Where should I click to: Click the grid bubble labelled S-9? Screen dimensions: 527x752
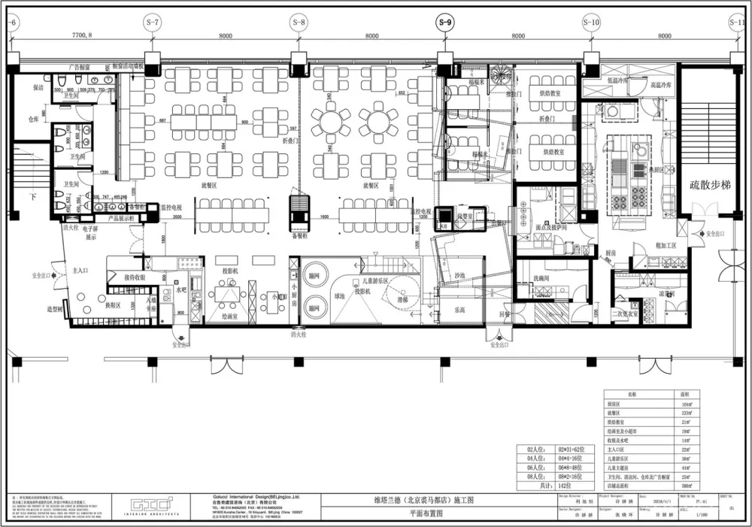point(445,23)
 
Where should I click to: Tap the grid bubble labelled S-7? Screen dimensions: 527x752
point(153,23)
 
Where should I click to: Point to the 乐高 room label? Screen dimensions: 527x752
point(459,310)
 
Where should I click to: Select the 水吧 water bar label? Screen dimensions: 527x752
point(180,288)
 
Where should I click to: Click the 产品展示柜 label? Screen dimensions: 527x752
point(123,217)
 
